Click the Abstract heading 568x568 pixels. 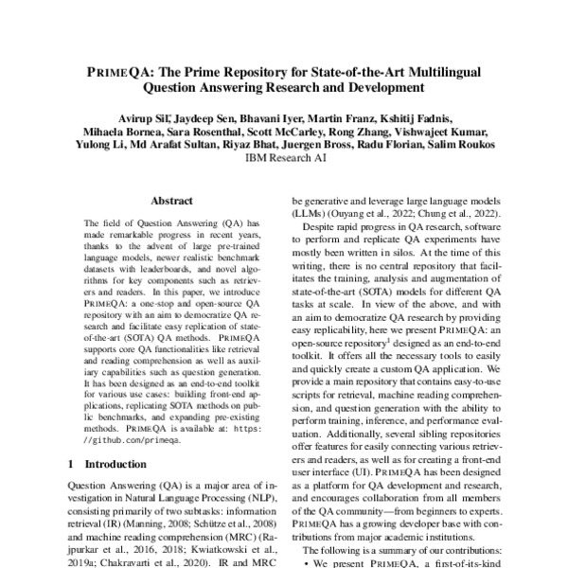(x=172, y=201)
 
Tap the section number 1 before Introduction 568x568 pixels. (x=73, y=465)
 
